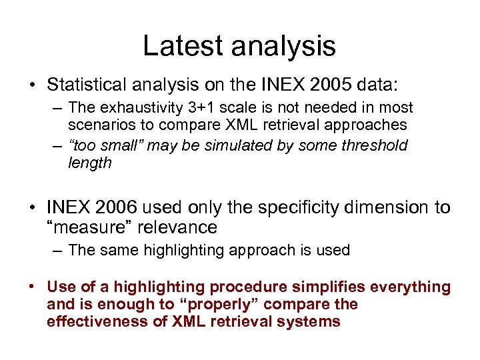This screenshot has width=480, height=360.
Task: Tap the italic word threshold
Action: tap(376, 145)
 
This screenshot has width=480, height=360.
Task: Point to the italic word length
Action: tap(90, 163)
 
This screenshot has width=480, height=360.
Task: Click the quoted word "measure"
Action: tap(83, 227)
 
